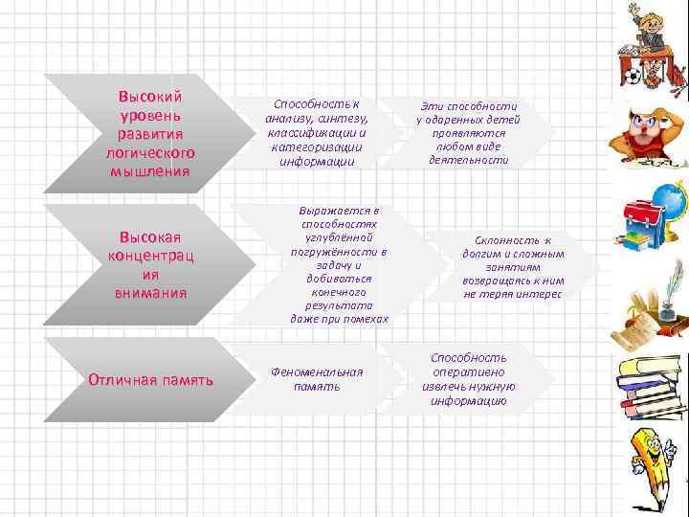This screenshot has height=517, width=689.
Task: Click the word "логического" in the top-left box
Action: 150,153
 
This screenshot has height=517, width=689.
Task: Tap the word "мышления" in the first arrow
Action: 150,171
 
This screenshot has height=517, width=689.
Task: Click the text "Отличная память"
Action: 150,380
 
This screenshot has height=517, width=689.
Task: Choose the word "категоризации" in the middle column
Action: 316,148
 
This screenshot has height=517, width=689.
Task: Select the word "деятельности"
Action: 469,162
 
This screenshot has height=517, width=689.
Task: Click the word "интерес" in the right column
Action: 539,296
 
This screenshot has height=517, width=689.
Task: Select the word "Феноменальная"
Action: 317,371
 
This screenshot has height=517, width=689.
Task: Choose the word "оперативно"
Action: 468,371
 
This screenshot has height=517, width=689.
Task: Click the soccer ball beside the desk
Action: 633,76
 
